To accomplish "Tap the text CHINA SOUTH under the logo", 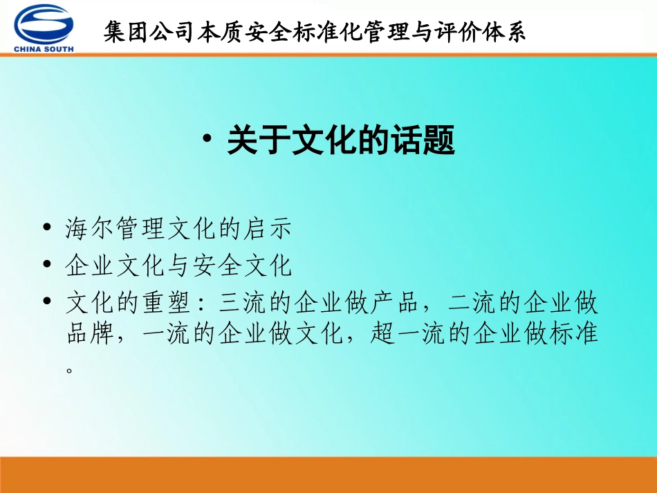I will [44, 48].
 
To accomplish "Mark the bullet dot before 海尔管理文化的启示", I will [46, 228].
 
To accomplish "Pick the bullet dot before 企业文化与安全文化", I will [46, 265].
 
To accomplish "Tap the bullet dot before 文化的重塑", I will [46, 301].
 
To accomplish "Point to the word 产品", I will [395, 303].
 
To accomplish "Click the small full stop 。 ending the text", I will [69, 369].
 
